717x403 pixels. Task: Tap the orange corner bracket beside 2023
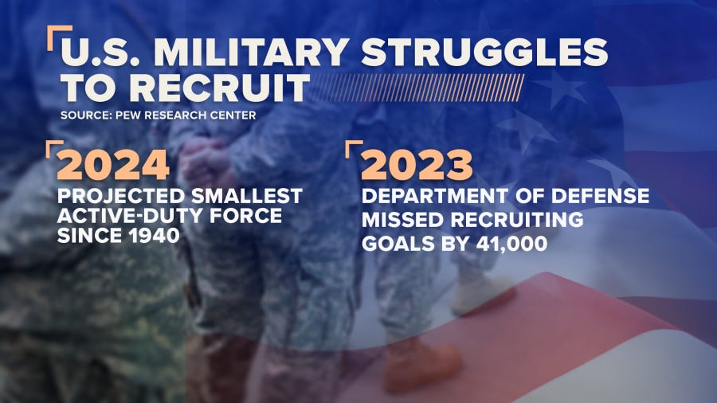(x=351, y=147)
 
